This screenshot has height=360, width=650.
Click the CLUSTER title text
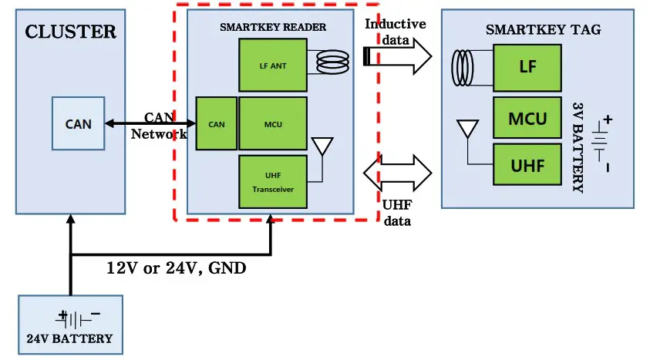click(x=70, y=32)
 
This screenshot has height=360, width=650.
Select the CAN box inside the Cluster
click(x=78, y=123)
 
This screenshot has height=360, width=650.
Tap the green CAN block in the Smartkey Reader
click(x=217, y=123)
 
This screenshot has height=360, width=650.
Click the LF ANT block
click(x=272, y=66)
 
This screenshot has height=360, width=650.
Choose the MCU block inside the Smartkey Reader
click(x=272, y=123)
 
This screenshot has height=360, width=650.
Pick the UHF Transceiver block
click(x=272, y=182)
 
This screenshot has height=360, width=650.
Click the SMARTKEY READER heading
click(x=272, y=27)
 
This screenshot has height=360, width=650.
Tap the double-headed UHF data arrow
click(x=398, y=171)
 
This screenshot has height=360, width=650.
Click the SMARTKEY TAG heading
click(x=543, y=29)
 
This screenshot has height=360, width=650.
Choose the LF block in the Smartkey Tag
click(x=527, y=66)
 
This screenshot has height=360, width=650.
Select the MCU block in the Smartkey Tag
click(x=527, y=119)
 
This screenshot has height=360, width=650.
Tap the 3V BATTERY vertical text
click(x=578, y=146)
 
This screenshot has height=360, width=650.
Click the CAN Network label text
click(x=160, y=126)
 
